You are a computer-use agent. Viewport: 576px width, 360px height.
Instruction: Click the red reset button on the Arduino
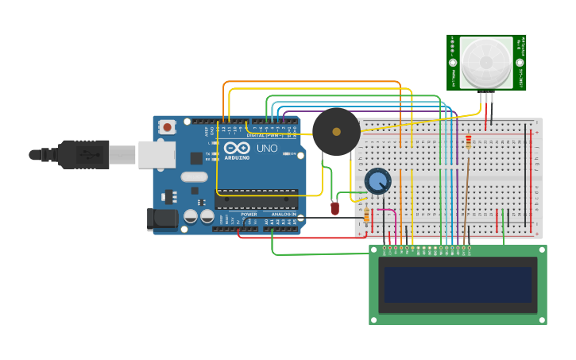(167, 126)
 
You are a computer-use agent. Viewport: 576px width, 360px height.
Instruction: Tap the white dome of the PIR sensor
(486, 62)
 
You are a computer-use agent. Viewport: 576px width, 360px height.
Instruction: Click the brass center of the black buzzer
(336, 132)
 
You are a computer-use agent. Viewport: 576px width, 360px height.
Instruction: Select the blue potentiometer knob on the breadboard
(378, 181)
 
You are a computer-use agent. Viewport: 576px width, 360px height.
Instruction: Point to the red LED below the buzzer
(334, 208)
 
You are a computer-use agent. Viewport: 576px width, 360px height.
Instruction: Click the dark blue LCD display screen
(457, 284)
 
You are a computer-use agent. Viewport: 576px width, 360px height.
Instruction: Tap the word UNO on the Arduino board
(266, 149)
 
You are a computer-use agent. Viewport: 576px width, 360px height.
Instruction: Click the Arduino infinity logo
(237, 148)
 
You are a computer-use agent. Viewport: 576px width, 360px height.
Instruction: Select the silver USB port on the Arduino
(157, 155)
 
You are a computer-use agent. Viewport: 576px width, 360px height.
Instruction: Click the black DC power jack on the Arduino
(162, 220)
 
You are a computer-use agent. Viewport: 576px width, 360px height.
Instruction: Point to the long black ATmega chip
(256, 199)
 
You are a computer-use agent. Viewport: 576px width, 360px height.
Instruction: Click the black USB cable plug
(83, 154)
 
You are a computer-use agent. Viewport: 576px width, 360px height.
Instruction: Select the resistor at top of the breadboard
(468, 142)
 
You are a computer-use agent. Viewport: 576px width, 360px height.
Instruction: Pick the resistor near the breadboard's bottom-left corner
(366, 215)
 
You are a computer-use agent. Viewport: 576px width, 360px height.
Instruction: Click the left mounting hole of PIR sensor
(453, 62)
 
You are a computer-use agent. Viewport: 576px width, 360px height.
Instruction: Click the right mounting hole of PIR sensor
(520, 62)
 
